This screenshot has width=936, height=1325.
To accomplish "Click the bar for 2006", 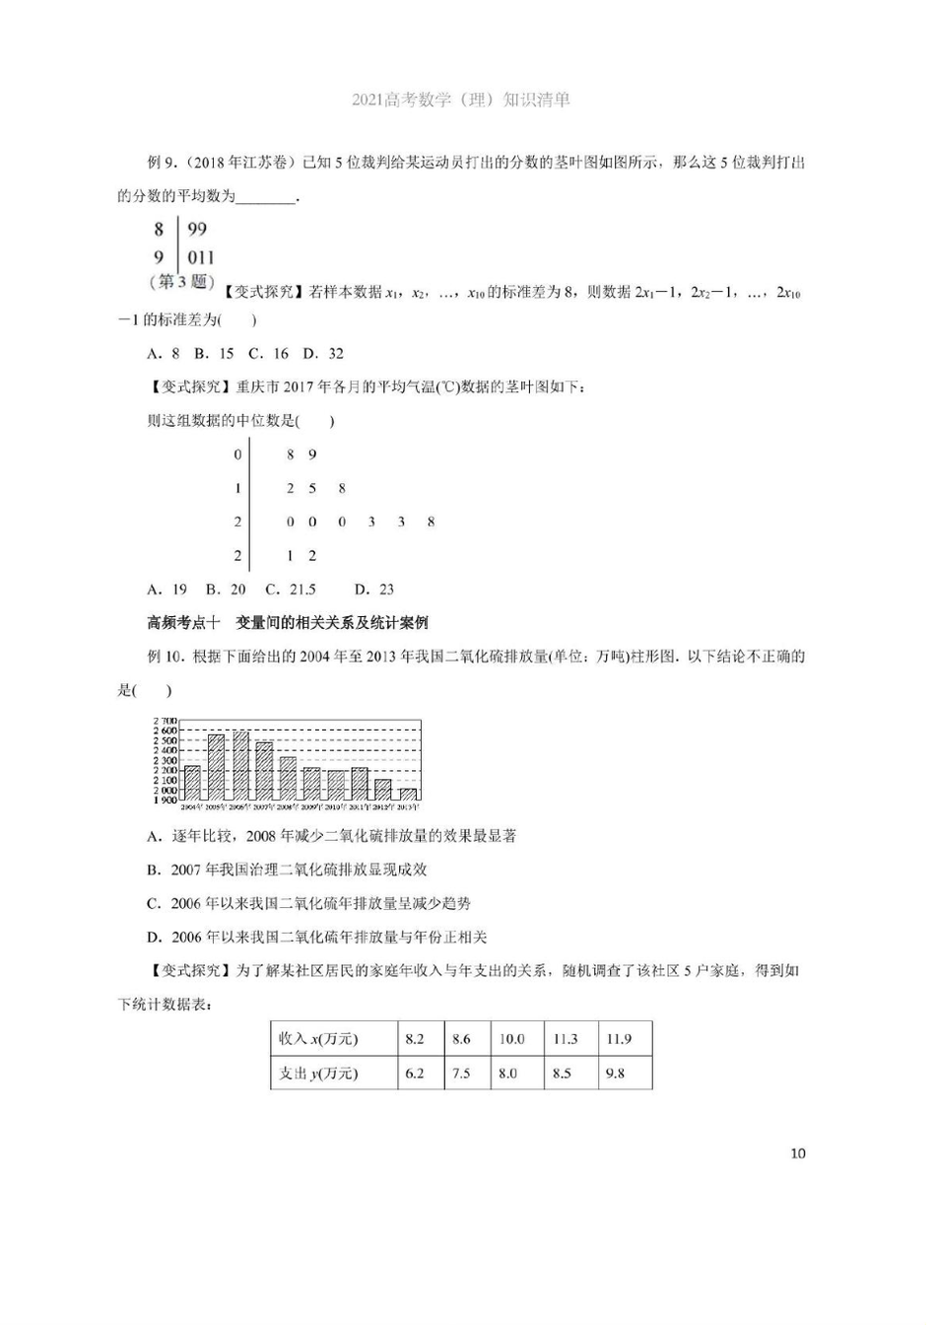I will tap(240, 765).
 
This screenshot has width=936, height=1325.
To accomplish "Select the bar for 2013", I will tap(407, 794).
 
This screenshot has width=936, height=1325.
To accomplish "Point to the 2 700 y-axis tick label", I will tap(165, 721).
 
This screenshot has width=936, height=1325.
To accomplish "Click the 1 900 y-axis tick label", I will tap(165, 801).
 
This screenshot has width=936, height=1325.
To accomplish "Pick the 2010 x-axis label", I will tap(335, 806).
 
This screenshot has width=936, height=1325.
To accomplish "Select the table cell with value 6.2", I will tap(415, 1073).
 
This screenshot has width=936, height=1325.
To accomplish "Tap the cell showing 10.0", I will tap(511, 1039).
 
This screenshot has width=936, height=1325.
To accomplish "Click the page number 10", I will tap(798, 1153).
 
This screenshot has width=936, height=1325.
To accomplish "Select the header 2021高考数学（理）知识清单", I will tap(460, 100).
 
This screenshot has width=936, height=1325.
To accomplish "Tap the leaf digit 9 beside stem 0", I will tap(312, 454).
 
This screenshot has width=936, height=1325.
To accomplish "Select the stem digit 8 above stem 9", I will tap(159, 230).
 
